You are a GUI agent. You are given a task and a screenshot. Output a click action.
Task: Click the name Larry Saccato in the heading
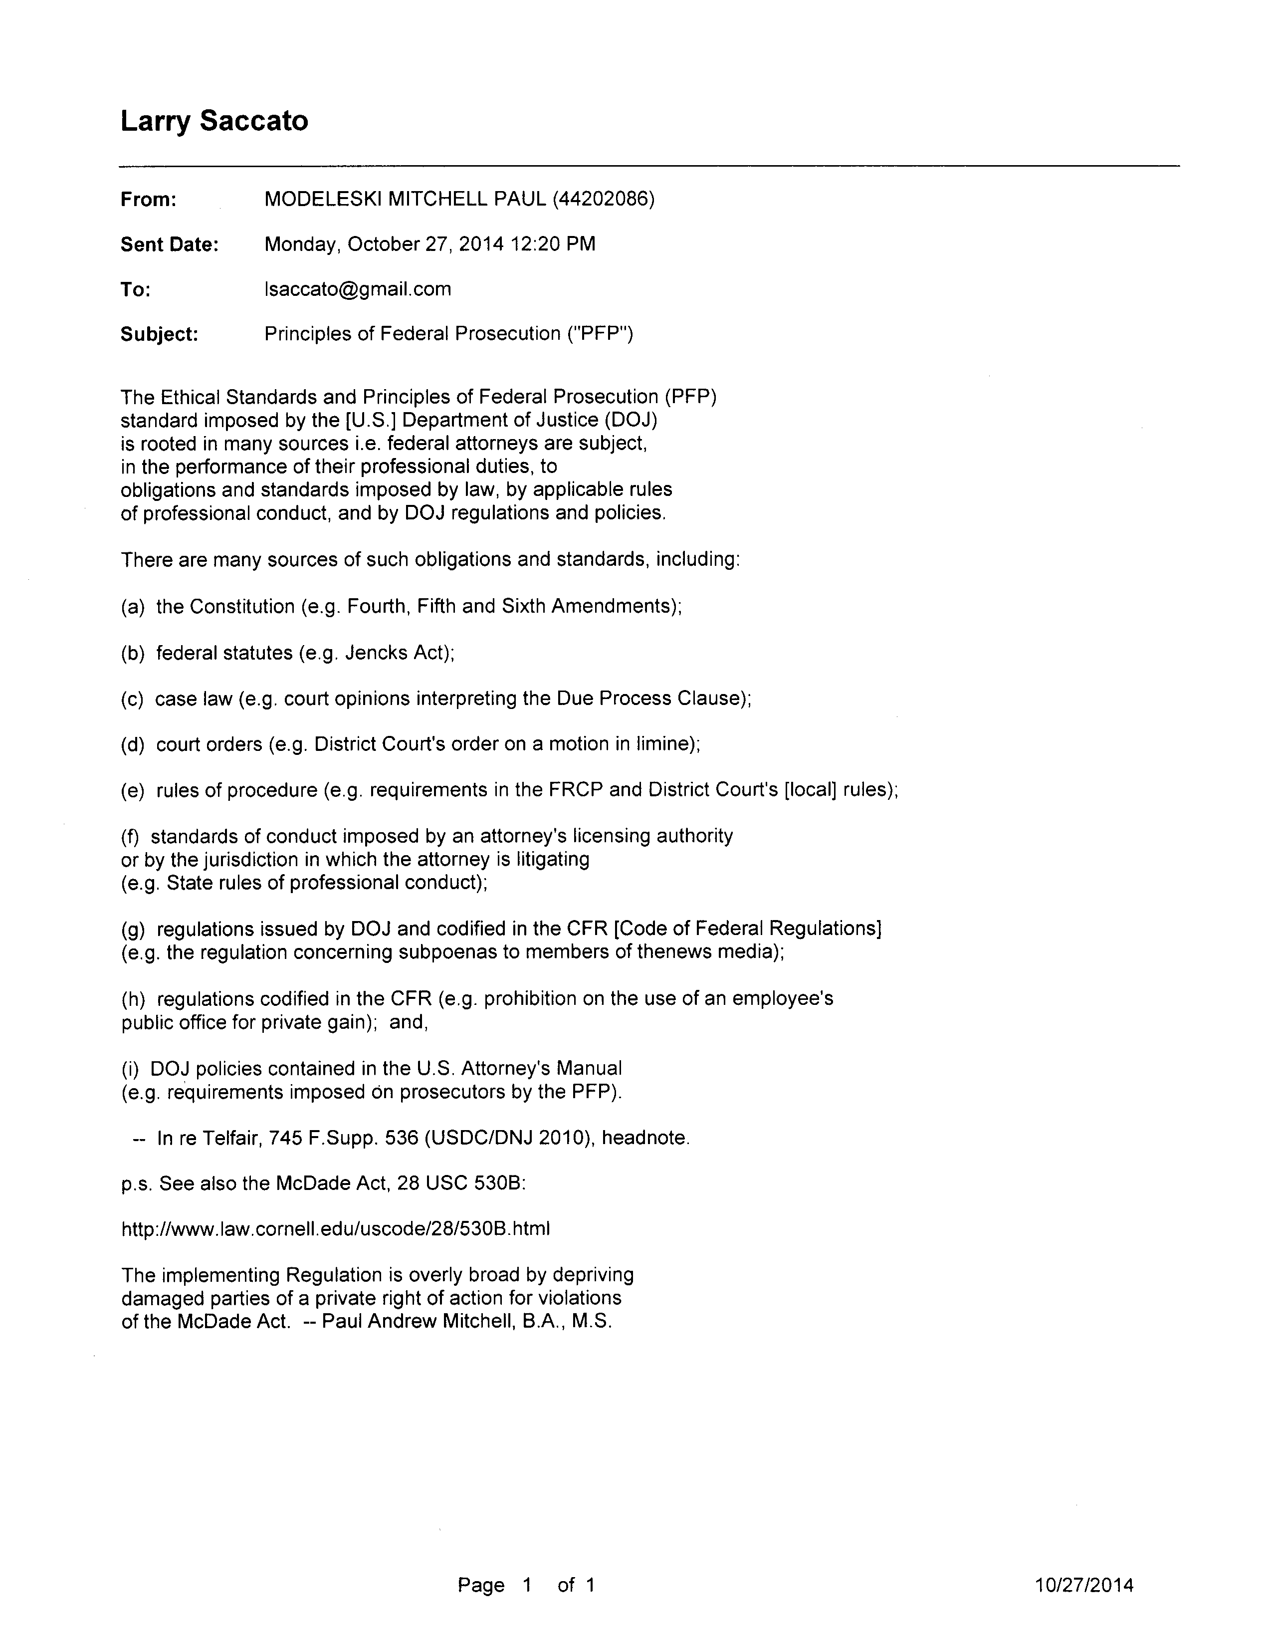coord(214,121)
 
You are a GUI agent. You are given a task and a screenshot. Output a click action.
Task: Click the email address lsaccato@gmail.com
coord(358,289)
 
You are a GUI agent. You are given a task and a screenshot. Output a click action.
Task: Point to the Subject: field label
coord(159,334)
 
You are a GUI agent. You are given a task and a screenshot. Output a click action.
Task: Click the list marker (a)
coord(133,607)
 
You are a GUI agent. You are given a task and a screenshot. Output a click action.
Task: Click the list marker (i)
coord(130,1069)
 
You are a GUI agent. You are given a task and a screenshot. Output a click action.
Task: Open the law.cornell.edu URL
coord(335,1229)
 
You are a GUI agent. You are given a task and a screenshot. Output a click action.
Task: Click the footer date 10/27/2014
coord(1084,1586)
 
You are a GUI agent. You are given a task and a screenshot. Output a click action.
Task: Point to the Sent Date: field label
coord(170,245)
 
